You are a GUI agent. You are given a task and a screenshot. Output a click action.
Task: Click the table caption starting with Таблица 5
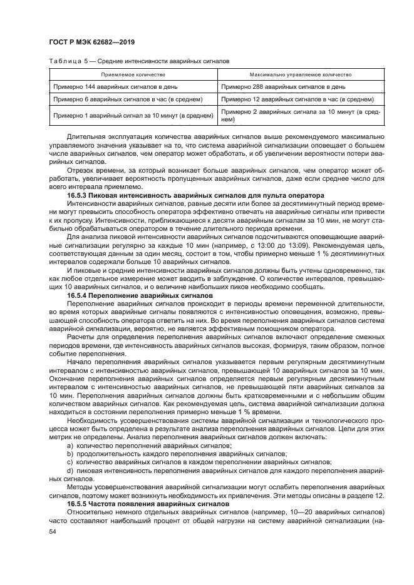pyautogui.click(x=138, y=62)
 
